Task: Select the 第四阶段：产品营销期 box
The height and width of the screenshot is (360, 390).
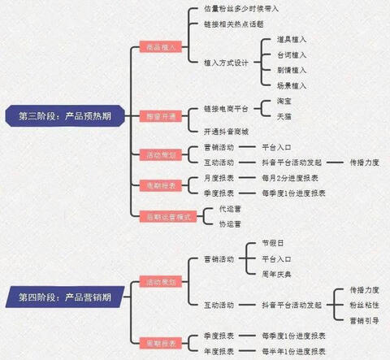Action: [x=64, y=297]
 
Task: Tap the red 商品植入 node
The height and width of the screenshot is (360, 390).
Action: [x=161, y=48]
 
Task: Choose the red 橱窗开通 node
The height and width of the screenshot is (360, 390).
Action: [x=161, y=117]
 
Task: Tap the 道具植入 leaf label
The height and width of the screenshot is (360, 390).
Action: [x=292, y=39]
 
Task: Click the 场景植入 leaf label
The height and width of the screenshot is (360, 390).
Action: [x=292, y=85]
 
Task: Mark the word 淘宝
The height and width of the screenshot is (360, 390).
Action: [x=285, y=102]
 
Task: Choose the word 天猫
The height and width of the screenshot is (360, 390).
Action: [x=285, y=117]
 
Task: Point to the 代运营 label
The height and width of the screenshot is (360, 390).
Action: [x=219, y=209]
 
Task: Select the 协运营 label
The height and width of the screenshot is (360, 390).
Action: [x=219, y=223]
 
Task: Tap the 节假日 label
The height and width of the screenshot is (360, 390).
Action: [x=271, y=243]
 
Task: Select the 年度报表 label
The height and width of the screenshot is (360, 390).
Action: [x=219, y=351]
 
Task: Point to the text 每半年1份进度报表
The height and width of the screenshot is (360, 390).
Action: [x=293, y=351]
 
